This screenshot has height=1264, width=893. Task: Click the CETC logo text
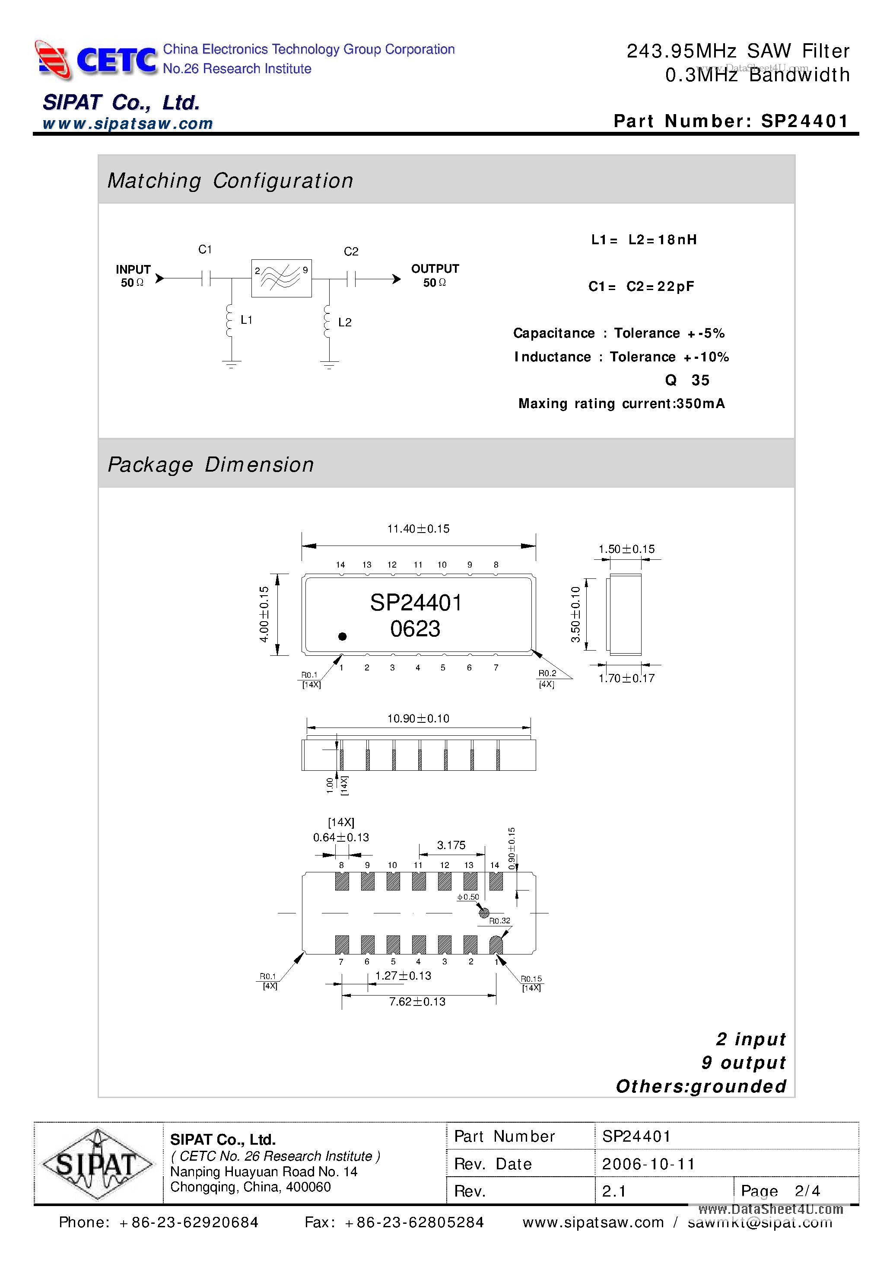116,60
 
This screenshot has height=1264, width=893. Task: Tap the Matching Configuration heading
230,181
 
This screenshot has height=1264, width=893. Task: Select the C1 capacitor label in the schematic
205,249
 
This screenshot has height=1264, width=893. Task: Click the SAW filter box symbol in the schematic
281,278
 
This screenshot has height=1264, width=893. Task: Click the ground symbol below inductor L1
232,364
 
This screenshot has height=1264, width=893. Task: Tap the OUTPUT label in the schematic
435,268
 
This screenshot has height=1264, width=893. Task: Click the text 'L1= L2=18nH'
644,239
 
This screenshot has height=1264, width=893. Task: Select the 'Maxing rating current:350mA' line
621,403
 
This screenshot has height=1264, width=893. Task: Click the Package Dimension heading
211,465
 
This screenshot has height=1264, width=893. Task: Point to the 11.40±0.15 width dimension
418,529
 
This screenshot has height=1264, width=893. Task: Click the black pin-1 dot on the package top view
342,636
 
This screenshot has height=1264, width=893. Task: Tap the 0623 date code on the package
416,629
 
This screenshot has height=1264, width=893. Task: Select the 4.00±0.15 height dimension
264,614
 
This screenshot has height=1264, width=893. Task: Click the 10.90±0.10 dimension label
418,718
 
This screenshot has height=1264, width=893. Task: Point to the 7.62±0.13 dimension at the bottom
417,1002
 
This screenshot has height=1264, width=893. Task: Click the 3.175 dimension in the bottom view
451,845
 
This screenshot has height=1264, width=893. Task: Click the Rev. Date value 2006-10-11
648,1164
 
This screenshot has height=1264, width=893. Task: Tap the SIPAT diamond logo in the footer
97,1164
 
